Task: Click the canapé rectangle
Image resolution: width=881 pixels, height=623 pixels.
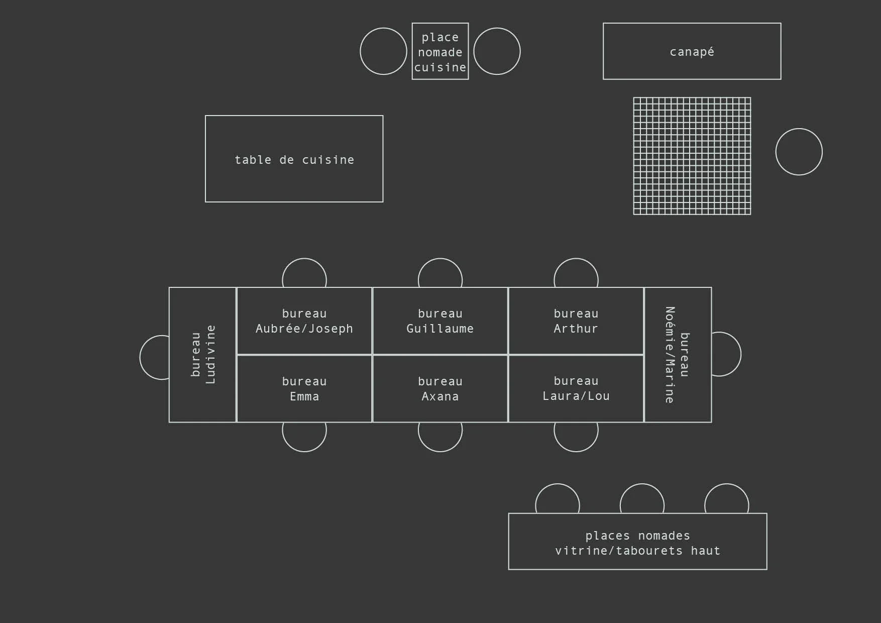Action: click(692, 51)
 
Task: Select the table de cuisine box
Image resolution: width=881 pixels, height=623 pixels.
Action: click(294, 159)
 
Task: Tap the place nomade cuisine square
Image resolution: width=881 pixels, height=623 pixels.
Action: click(440, 51)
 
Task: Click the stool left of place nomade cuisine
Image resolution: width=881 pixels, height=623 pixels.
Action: click(383, 51)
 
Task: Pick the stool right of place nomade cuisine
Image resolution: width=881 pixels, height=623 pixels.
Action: click(497, 51)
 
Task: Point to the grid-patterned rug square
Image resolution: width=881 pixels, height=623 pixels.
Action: click(692, 156)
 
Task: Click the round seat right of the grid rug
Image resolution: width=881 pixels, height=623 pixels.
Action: click(799, 152)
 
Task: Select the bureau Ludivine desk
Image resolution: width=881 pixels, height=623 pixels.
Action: click(202, 355)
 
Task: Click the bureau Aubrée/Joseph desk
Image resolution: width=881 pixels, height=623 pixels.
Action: click(304, 321)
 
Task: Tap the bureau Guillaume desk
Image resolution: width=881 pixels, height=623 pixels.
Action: click(440, 321)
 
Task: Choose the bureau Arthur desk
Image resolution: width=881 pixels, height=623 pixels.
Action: click(576, 321)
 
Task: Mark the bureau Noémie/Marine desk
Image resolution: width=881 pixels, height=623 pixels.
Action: click(678, 355)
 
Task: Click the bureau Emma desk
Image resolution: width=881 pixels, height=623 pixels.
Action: click(304, 389)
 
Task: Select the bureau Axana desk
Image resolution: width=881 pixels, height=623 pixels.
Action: click(440, 389)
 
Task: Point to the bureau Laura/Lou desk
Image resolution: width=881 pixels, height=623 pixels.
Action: click(576, 389)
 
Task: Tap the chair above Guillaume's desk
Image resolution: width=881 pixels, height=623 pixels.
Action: click(440, 273)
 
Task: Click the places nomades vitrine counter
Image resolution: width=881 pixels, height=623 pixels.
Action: click(637, 542)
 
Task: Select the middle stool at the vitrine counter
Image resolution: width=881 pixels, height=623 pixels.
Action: click(642, 499)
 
